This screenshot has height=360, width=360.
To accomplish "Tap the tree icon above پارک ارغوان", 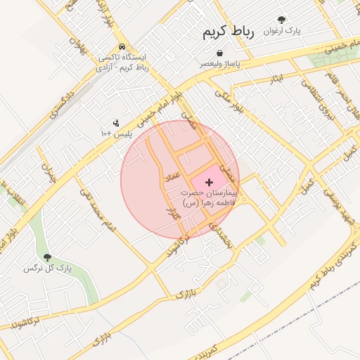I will click(282, 20).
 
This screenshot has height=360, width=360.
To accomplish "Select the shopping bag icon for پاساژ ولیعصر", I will click(221, 53).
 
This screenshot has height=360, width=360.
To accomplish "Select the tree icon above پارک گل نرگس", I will click(47, 258).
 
